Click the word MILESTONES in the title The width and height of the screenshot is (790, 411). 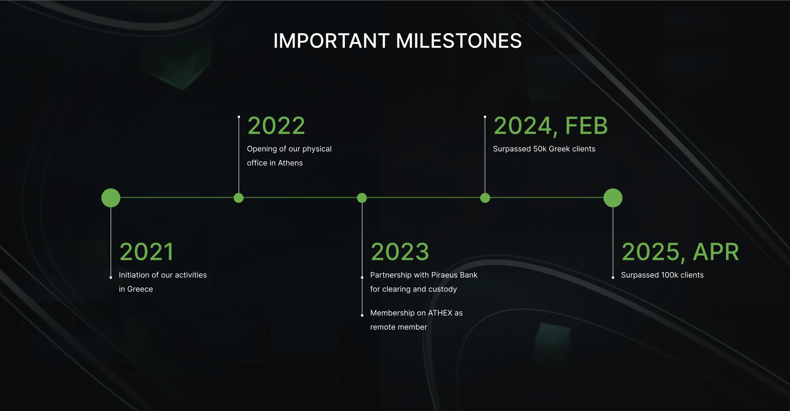pos(459,41)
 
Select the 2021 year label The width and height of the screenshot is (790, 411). pos(147,252)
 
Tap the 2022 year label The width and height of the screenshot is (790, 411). pos(276,126)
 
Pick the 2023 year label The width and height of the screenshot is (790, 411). pos(400,252)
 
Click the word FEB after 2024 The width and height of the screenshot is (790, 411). pos(586,126)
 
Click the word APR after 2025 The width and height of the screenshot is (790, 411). pos(716,252)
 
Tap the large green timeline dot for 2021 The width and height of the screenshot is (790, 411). pos(111,198)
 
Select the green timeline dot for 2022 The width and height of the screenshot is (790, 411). pos(239,198)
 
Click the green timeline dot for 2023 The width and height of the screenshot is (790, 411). pos(362,198)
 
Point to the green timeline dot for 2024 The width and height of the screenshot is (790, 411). pos(485,198)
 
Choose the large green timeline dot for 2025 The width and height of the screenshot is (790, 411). pos(613,198)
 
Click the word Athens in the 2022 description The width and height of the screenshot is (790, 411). pos(290,163)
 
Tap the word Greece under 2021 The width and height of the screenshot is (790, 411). pos(140,289)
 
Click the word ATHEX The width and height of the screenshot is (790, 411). pos(440,313)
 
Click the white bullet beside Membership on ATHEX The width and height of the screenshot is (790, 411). pos(362,315)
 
